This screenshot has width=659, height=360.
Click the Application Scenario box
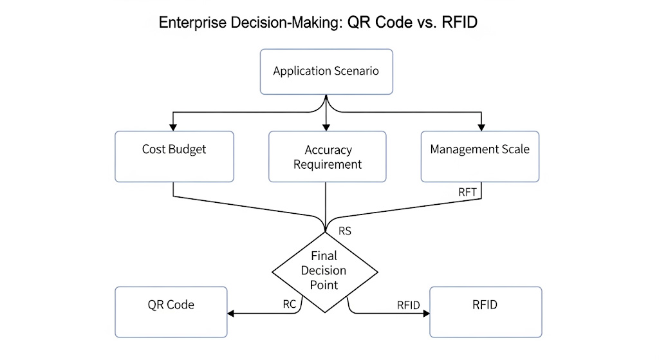pyautogui.click(x=326, y=71)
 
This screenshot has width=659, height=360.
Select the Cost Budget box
pyautogui.click(x=174, y=156)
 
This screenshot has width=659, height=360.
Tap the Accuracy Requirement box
pyautogui.click(x=327, y=156)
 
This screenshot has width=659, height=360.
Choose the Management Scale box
pyautogui.click(x=479, y=156)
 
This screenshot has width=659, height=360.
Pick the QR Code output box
pyautogui.click(x=171, y=312)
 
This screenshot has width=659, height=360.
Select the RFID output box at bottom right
pyautogui.click(x=485, y=312)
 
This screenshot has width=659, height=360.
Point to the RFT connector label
pyautogui.click(x=468, y=191)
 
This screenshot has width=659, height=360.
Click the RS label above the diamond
pyautogui.click(x=345, y=231)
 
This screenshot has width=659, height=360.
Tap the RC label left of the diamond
pyautogui.click(x=290, y=304)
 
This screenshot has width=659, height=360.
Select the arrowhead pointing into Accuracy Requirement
pyautogui.click(x=327, y=127)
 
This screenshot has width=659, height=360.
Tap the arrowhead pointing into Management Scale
pyautogui.click(x=479, y=127)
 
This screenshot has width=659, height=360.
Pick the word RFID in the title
pyautogui.click(x=458, y=23)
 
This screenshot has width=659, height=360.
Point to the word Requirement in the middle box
pyautogui.click(x=328, y=164)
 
